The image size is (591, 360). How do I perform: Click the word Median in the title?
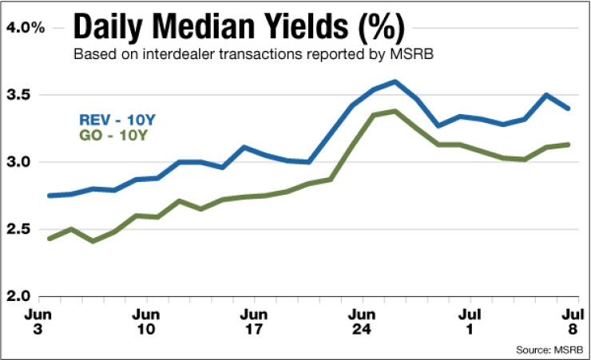197,30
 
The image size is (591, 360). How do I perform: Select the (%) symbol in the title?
379,30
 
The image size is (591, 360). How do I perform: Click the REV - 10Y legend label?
117,120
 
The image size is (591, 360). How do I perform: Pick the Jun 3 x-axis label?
37,319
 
